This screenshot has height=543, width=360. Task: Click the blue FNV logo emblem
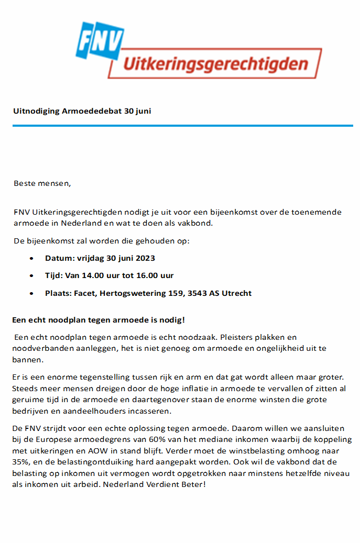[x=100, y=40]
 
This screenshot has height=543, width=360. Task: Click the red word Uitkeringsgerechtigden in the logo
[x=215, y=64]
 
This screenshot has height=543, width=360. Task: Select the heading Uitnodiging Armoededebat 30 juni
[x=82, y=111]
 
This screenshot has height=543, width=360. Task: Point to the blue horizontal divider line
[x=183, y=126]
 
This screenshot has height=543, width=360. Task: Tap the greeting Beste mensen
[x=41, y=183]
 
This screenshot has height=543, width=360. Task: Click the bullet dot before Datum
[x=32, y=259]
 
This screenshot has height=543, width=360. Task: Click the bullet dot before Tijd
[x=32, y=276]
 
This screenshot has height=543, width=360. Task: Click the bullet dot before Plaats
[x=32, y=293]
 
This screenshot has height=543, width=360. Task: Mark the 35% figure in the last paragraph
[x=21, y=462]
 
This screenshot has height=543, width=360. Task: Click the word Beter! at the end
[x=194, y=484]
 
